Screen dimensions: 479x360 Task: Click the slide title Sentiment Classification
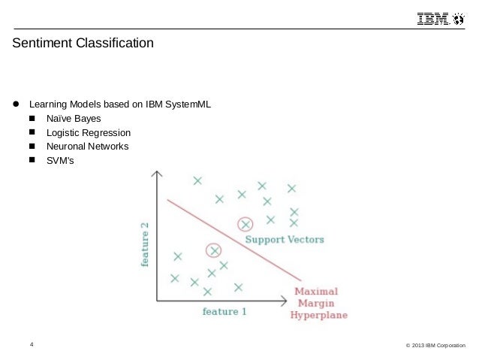click(83, 44)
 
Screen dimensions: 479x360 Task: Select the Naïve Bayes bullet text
click(73, 119)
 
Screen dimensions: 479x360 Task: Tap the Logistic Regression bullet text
click(88, 133)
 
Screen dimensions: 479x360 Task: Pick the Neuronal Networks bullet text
click(87, 147)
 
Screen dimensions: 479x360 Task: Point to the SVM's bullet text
click(61, 160)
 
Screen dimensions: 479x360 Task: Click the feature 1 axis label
click(224, 311)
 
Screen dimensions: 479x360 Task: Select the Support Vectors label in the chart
click(285, 240)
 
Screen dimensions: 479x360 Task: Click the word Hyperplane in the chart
click(318, 316)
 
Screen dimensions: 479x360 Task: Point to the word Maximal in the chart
click(316, 292)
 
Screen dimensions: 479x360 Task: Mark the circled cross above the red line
click(245, 224)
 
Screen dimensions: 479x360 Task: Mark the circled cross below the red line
click(215, 250)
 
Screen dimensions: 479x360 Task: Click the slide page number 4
click(32, 345)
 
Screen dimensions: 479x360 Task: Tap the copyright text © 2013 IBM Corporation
click(435, 346)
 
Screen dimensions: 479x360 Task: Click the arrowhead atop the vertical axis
click(155, 175)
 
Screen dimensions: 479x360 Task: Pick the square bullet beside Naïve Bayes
click(32, 119)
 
